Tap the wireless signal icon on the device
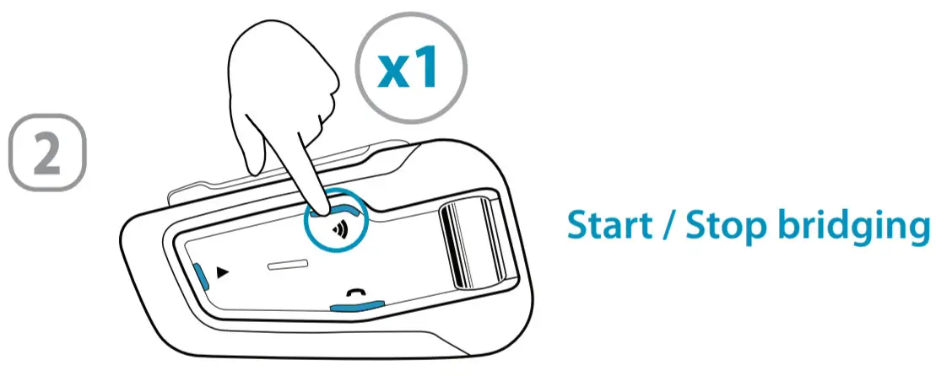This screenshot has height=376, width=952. point(340,228)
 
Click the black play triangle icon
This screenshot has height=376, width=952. point(223,272)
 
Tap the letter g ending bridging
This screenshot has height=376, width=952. point(916,232)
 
